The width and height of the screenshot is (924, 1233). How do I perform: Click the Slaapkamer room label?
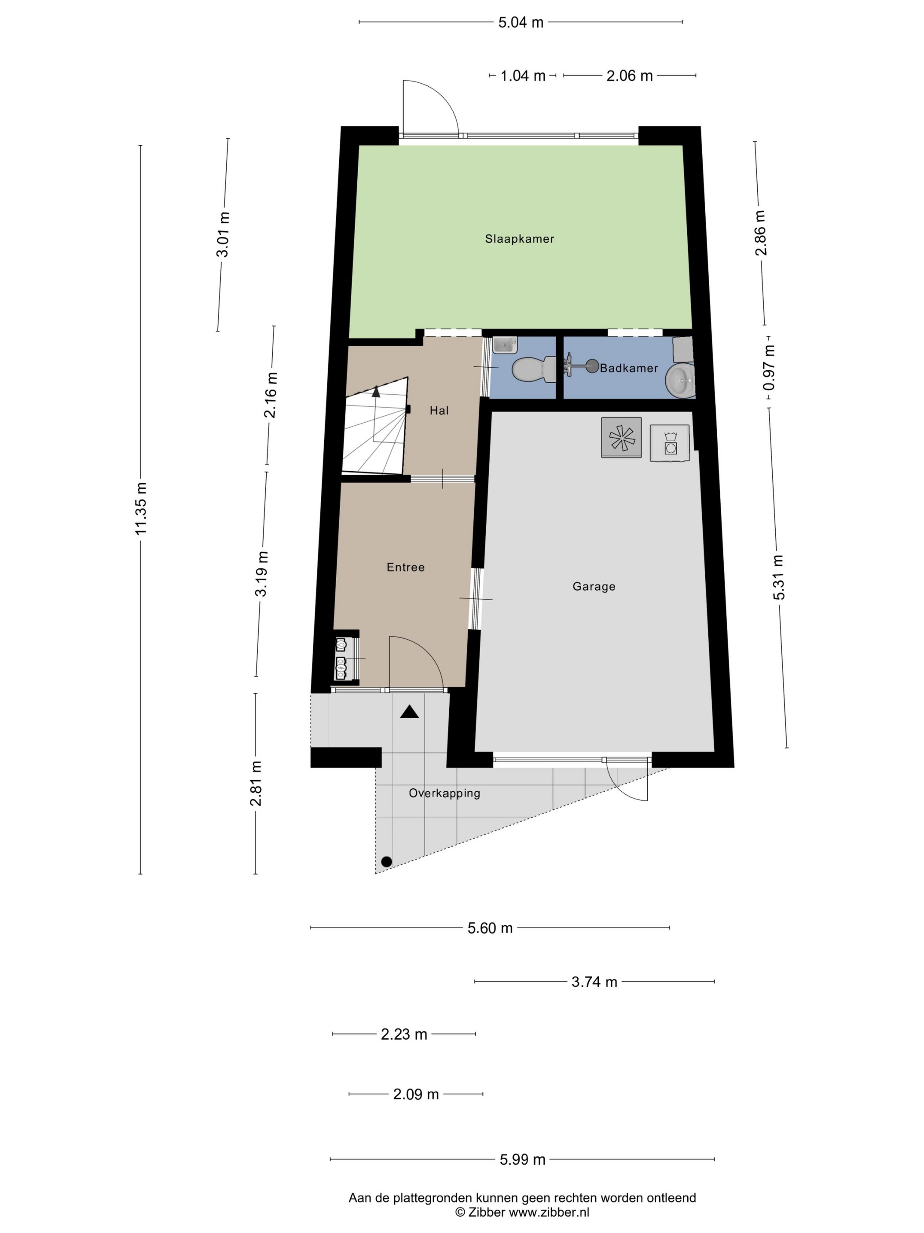[x=519, y=239]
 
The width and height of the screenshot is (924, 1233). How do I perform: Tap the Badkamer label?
[x=629, y=368]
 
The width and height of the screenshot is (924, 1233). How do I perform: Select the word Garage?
[x=594, y=587]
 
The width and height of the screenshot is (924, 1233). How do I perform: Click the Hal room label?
[x=439, y=411]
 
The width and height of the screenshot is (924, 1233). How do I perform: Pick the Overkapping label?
[x=444, y=793]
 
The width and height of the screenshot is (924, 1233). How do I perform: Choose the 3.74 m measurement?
[x=594, y=982]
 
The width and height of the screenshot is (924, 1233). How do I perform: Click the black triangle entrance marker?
[x=409, y=712]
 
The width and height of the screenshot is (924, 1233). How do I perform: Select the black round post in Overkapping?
[x=386, y=862]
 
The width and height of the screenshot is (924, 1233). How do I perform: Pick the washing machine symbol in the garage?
[x=670, y=443]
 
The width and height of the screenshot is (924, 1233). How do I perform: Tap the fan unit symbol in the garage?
[x=621, y=438]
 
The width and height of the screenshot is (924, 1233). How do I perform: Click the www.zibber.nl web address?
[x=549, y=1212]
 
